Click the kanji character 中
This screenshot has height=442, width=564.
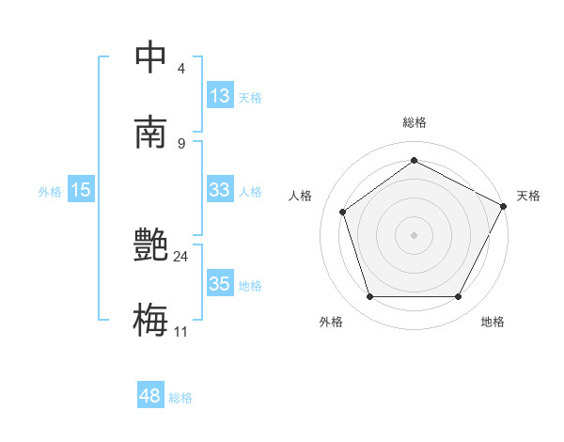(150, 57)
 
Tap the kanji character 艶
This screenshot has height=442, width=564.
(150, 246)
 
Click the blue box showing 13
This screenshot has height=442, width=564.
(220, 95)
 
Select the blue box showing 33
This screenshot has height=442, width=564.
(220, 190)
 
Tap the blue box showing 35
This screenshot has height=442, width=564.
(220, 284)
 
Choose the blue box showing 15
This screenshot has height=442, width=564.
(81, 190)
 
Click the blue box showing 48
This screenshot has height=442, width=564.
(150, 396)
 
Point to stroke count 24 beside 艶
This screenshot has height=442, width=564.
(180, 256)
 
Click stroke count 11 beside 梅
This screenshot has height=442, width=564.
(181, 331)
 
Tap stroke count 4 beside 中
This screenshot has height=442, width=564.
(181, 69)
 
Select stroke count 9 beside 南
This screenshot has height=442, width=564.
(181, 143)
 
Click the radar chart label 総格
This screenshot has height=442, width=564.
(414, 122)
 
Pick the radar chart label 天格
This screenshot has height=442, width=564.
(528, 196)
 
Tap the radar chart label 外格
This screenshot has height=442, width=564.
(331, 322)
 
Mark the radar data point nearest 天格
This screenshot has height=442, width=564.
(505, 206)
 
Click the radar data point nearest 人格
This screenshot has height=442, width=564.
(343, 212)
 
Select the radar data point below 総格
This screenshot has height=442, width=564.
(414, 160)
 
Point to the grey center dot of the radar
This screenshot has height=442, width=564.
(414, 234)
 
